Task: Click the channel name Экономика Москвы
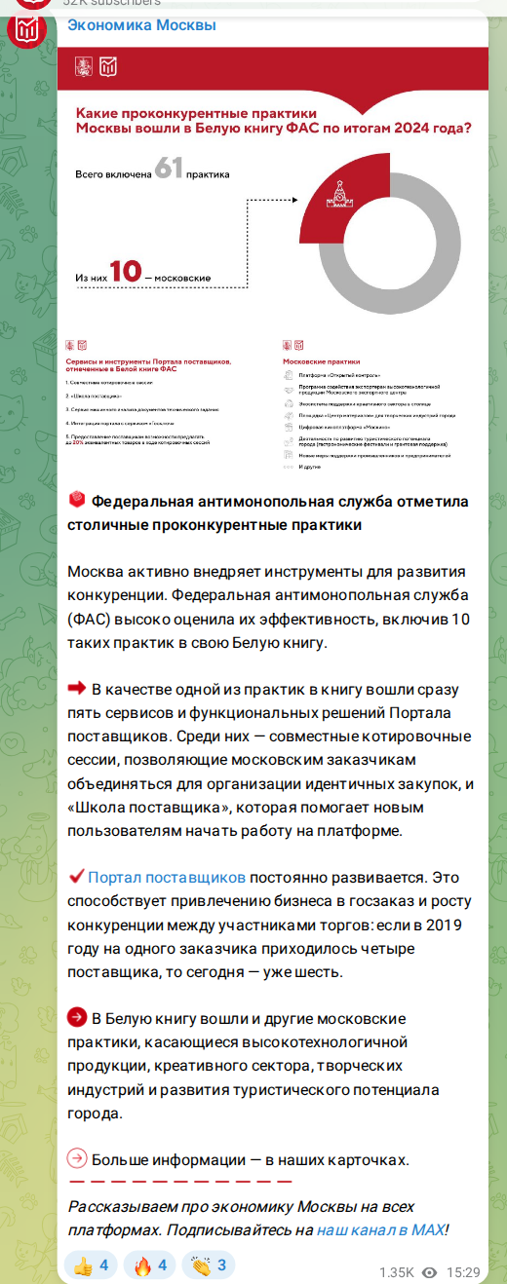(142, 25)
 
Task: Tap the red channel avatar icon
(25, 30)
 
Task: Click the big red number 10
(124, 271)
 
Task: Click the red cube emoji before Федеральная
(77, 501)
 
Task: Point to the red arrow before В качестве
(77, 689)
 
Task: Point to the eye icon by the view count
(429, 1272)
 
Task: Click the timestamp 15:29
(463, 1272)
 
